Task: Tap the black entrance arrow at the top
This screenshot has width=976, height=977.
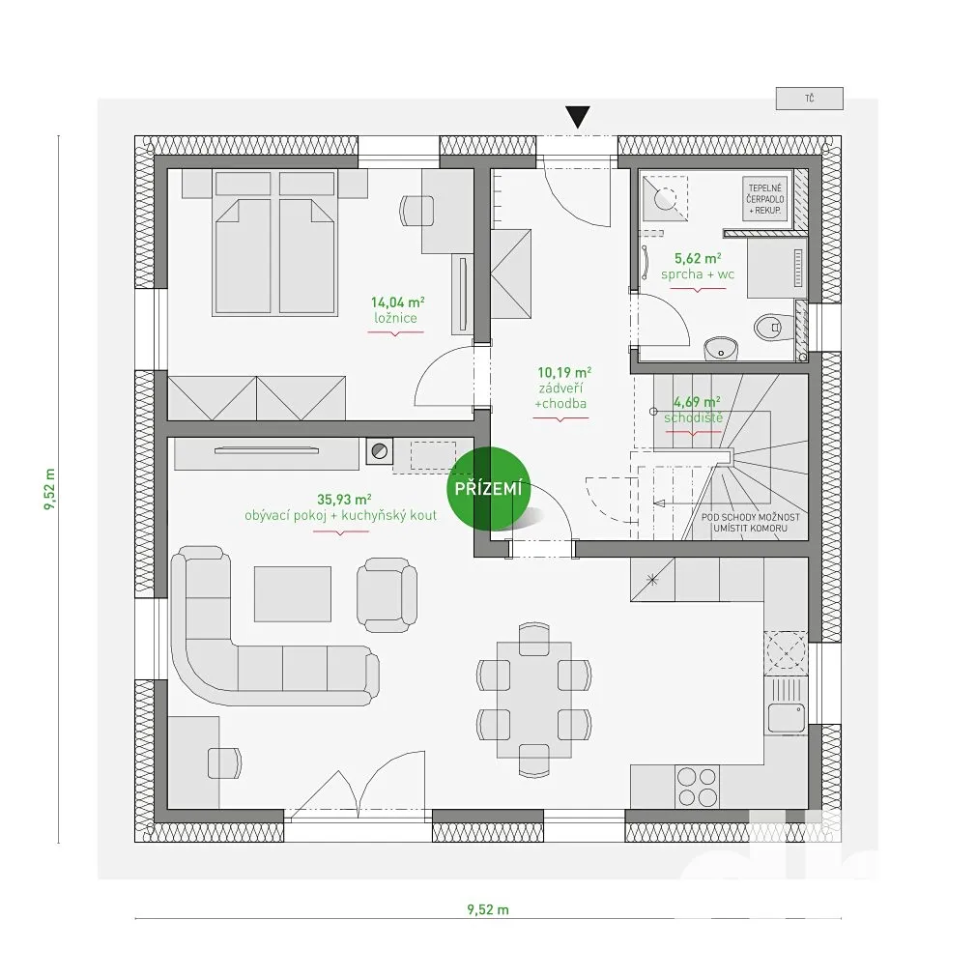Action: (578, 118)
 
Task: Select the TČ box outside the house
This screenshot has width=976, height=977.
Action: (809, 98)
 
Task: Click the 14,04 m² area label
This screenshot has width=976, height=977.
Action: (397, 302)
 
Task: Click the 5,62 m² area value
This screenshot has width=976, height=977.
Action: (698, 258)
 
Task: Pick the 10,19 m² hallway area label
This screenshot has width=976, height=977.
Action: (564, 371)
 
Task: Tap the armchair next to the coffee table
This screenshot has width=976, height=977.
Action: (387, 596)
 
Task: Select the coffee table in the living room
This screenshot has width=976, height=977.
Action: (292, 593)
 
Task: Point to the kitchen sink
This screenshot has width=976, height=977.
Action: (785, 717)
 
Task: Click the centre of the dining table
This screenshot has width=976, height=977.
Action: (534, 699)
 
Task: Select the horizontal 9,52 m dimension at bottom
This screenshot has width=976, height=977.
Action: (487, 908)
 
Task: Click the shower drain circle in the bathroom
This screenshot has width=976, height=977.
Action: (667, 198)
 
